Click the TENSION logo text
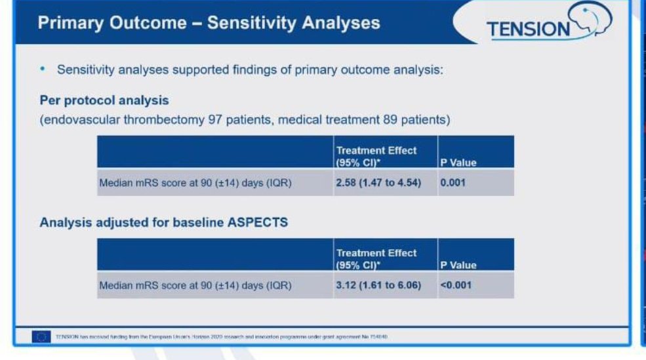pyautogui.click(x=529, y=29)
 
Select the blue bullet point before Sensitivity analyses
pyautogui.click(x=44, y=69)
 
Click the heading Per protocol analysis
pyautogui.click(x=104, y=101)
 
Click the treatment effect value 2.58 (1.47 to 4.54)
pyautogui.click(x=378, y=182)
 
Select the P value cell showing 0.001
pyautogui.click(x=453, y=182)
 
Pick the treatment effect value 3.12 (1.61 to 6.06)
pyautogui.click(x=378, y=285)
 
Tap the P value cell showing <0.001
pyautogui.click(x=455, y=285)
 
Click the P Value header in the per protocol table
pyautogui.click(x=458, y=163)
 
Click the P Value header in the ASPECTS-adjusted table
pyautogui.click(x=458, y=265)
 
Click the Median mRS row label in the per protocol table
pyautogui.click(x=195, y=183)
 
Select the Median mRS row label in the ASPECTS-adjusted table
pyautogui.click(x=195, y=285)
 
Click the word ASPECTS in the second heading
pyautogui.click(x=257, y=222)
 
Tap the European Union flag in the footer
pyautogui.click(x=41, y=336)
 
